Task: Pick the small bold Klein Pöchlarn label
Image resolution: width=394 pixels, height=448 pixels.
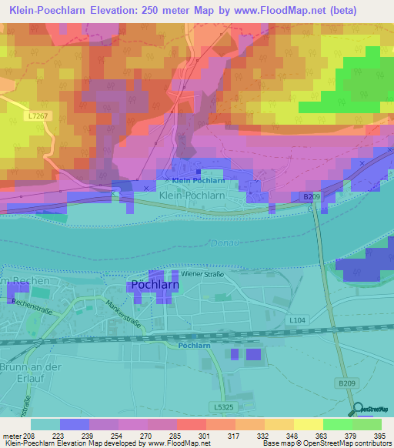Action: click(198, 181)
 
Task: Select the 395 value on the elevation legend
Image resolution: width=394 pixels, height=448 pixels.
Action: click(380, 436)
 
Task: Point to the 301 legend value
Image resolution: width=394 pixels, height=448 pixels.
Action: click(203, 436)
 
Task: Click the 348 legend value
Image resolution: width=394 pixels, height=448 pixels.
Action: click(292, 436)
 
